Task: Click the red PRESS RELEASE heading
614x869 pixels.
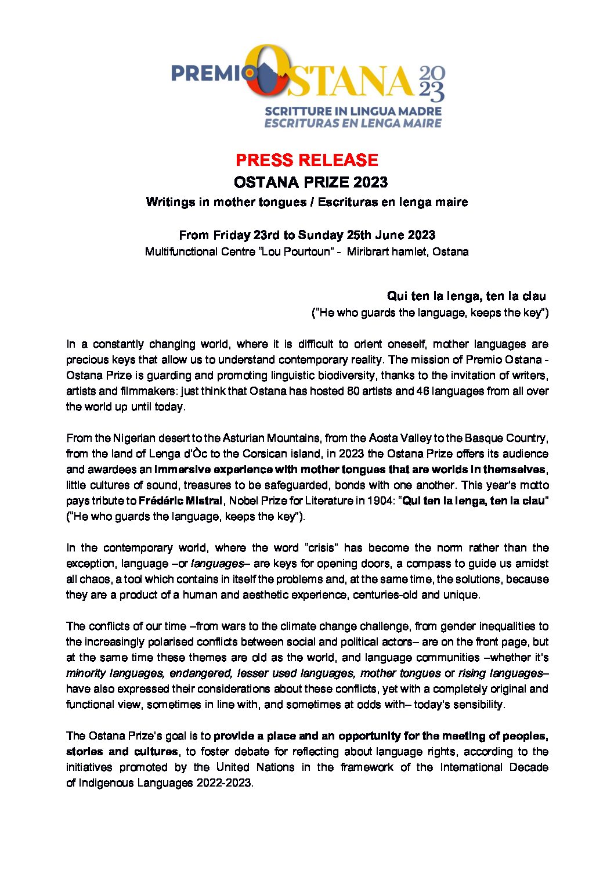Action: pos(306,160)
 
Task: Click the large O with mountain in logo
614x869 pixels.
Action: pos(268,72)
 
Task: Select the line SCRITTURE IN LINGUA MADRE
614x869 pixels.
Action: pos(353,111)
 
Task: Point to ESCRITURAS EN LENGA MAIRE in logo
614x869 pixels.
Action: pos(353,123)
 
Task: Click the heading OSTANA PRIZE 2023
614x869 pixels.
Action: pos(310,182)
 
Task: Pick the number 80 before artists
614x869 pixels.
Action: pos(353,391)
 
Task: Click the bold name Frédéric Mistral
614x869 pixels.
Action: pos(180,501)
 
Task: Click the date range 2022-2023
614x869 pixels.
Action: pos(223,783)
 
